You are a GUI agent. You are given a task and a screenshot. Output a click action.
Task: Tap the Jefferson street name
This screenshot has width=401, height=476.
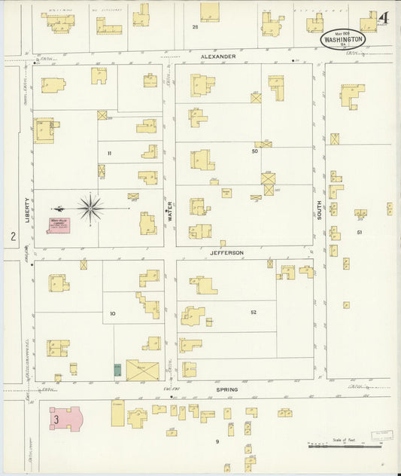[227, 253]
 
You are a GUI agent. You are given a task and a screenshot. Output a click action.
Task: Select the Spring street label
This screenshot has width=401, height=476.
[226, 389]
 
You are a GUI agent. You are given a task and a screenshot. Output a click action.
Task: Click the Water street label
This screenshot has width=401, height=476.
[170, 208]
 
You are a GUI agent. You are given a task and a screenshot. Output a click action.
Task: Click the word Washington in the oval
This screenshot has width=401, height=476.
[344, 38]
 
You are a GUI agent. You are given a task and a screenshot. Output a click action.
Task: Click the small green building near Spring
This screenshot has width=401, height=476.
[117, 370]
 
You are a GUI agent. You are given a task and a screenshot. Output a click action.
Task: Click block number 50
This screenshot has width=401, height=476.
[254, 151]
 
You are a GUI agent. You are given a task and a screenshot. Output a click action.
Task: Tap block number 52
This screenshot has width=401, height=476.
[254, 311]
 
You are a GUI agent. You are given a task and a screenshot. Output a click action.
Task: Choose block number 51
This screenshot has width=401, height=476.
[360, 232]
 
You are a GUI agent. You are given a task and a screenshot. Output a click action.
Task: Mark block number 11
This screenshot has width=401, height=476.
[109, 153]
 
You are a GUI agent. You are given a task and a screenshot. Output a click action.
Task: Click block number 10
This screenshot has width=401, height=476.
[113, 313]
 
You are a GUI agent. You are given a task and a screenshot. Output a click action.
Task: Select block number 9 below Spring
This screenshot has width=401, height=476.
[217, 441]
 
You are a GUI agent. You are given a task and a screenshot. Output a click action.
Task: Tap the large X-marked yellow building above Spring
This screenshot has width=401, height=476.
[143, 370]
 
